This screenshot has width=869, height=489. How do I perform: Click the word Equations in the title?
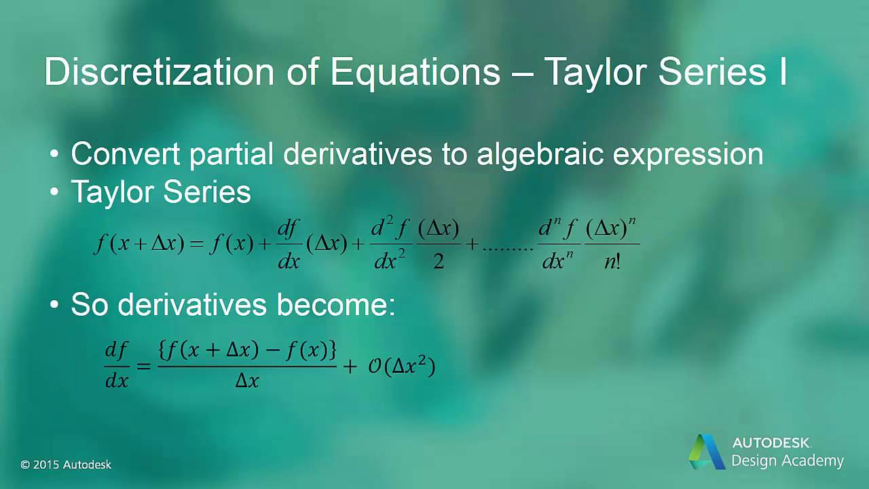[x=415, y=71]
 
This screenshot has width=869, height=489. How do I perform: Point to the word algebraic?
[x=540, y=155]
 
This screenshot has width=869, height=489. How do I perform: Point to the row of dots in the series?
[x=508, y=249]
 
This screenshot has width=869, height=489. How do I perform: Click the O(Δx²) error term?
[x=401, y=367]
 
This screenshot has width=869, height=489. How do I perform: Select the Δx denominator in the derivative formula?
[x=247, y=381]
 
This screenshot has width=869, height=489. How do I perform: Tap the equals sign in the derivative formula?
[x=143, y=367]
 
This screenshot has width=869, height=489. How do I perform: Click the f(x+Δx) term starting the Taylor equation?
[x=138, y=244]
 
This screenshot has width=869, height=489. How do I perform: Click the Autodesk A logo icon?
[x=706, y=451]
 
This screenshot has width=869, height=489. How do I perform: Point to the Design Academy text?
[x=787, y=461]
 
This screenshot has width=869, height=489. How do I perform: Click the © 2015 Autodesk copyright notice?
[x=66, y=465]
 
